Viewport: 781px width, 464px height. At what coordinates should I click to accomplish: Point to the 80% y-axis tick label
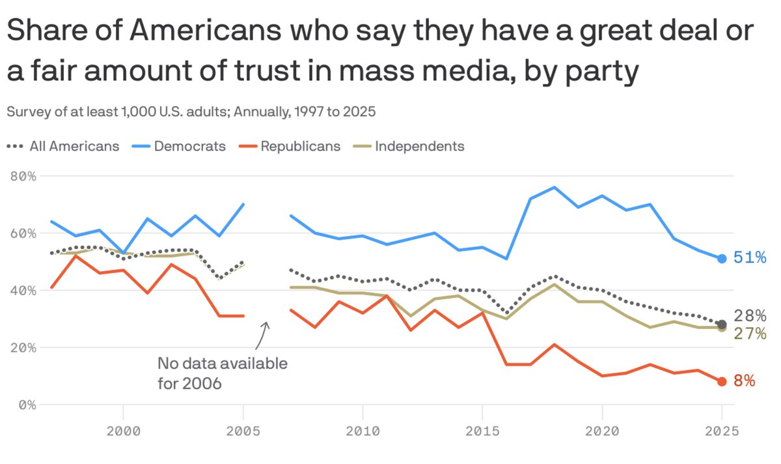coord(22,176)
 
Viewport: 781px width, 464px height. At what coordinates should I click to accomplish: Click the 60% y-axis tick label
coord(22,233)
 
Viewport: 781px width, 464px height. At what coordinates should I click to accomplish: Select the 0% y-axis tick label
coord(26,404)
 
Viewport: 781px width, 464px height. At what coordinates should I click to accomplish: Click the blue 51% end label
coord(750,258)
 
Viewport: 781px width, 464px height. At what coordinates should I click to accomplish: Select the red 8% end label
coord(745,381)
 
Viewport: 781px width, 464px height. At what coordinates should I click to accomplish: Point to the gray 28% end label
coord(750,317)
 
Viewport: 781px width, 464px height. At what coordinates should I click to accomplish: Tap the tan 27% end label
coord(750,334)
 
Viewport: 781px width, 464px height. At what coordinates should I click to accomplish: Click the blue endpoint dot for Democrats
coord(722,259)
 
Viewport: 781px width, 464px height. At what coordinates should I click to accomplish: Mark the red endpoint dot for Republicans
coord(722,381)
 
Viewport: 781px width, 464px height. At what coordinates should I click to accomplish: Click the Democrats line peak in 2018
coord(554,187)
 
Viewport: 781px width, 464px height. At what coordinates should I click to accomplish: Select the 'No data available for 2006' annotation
coord(222,373)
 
